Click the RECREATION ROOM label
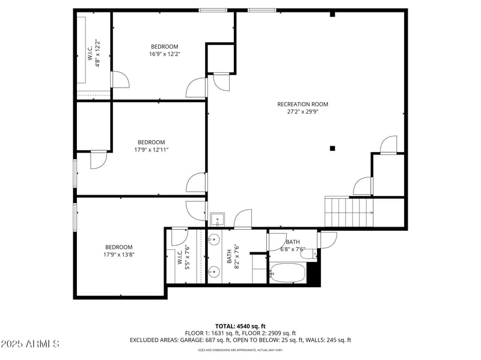point(302,104)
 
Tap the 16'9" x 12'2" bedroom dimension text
point(164,54)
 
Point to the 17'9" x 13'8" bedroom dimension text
point(119,254)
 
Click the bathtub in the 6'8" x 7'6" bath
point(287,273)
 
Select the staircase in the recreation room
point(349,212)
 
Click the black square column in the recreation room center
point(332,148)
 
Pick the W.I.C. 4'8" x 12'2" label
point(93,53)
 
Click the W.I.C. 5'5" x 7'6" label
point(183,257)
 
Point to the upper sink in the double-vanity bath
point(214,239)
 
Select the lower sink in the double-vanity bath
point(214,272)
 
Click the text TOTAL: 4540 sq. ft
point(240,326)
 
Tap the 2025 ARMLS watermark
point(30,344)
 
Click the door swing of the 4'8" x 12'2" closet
point(119,79)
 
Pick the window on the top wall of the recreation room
point(262,10)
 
